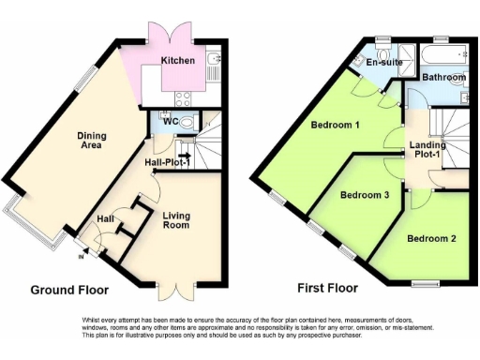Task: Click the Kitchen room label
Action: tap(178, 61)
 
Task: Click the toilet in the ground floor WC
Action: tap(187, 122)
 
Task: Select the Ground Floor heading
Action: tap(70, 290)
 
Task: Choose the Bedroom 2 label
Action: tap(431, 238)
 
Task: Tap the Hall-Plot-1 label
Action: tap(168, 163)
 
